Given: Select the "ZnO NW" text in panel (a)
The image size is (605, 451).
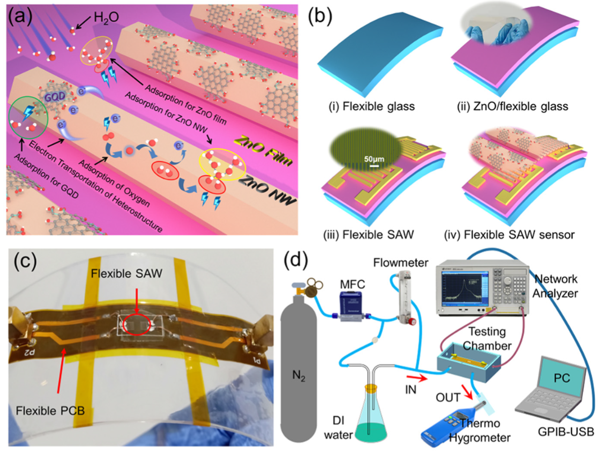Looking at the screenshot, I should pos(268,189).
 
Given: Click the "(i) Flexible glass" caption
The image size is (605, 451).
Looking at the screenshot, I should pos(372,106).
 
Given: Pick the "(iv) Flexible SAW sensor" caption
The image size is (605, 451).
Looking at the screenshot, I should pos(509,235).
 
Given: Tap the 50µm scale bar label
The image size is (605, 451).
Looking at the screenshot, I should pos(374,159).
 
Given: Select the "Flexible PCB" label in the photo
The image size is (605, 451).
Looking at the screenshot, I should pos(50,410).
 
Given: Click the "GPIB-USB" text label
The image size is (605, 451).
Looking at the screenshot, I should pos(566,431).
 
